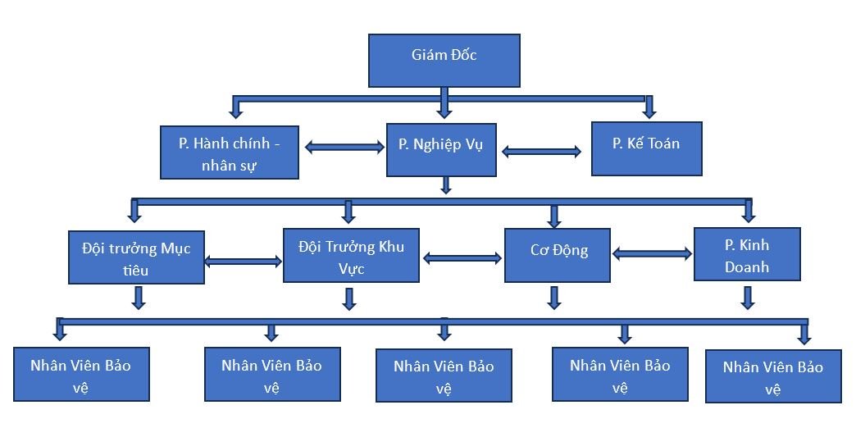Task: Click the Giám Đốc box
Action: pos(444,60)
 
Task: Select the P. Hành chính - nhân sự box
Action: pos(229,152)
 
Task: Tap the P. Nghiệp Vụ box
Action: pos(441,149)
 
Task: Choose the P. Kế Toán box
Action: pos(646,148)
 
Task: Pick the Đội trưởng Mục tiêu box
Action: pos(136,257)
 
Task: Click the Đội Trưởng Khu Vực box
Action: pos(351,255)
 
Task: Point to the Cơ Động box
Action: pos(558,255)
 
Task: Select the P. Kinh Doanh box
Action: pos(747,254)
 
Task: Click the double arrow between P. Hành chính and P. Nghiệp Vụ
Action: pos(344,148)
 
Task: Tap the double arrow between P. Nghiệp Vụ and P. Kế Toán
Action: pos(541,152)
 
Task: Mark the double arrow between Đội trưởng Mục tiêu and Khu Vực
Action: pos(243,262)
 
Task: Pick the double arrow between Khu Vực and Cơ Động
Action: pos(462,258)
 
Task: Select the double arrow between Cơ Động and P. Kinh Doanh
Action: pos(652,254)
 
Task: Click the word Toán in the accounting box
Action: pos(663,143)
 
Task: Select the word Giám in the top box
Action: pos(428,56)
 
